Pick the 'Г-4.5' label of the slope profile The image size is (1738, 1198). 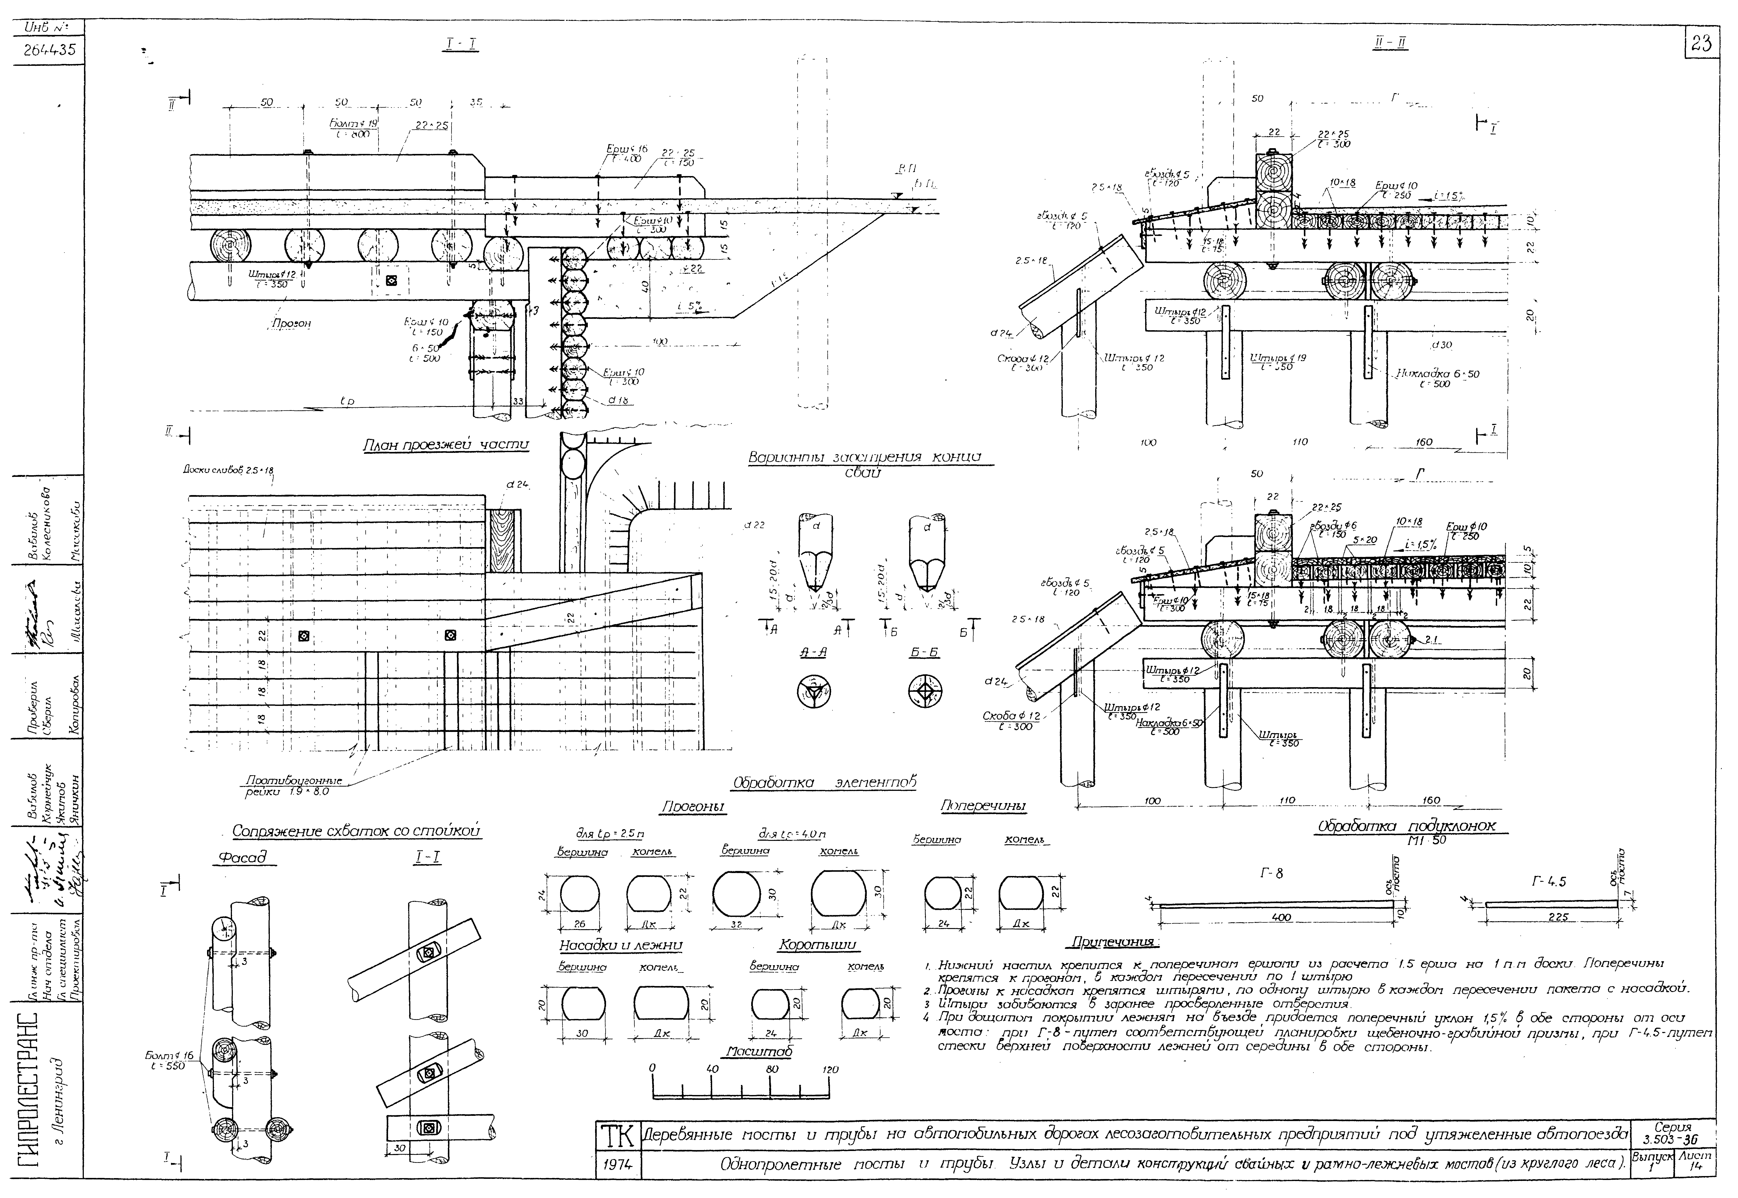[1549, 882]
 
